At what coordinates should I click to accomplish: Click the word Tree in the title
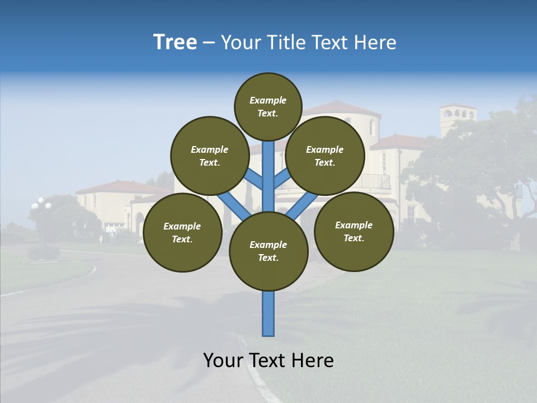pyautogui.click(x=175, y=43)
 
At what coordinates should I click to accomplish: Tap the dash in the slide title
pyautogui.click(x=209, y=43)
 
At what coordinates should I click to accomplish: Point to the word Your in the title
pyautogui.click(x=241, y=43)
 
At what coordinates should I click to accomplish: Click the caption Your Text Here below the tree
pyautogui.click(x=268, y=360)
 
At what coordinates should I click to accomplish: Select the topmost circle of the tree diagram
pyautogui.click(x=268, y=106)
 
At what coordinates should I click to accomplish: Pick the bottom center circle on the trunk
pyautogui.click(x=268, y=251)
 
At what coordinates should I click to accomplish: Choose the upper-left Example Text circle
pyautogui.click(x=210, y=156)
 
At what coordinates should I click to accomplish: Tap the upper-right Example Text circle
pyautogui.click(x=325, y=156)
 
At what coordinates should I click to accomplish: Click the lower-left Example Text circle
pyautogui.click(x=182, y=232)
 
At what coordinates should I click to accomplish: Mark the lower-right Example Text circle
pyautogui.click(x=354, y=231)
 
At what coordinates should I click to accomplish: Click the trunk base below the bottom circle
pyautogui.click(x=268, y=313)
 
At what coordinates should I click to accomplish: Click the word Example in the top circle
pyautogui.click(x=268, y=100)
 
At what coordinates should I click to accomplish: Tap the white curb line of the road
pyautogui.click(x=255, y=369)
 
